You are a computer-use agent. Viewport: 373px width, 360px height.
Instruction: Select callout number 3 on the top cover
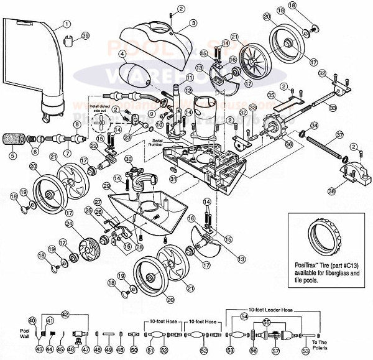[193, 23]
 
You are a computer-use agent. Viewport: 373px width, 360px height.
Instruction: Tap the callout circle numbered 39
[85, 36]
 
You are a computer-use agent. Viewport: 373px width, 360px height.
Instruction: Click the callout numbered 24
[70, 223]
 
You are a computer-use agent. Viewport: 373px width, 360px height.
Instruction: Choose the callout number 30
[128, 159]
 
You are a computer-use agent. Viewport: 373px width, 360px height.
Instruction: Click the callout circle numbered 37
[339, 135]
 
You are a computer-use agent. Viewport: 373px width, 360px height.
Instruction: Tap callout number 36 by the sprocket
[288, 145]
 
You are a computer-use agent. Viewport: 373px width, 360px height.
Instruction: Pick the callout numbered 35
[271, 95]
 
